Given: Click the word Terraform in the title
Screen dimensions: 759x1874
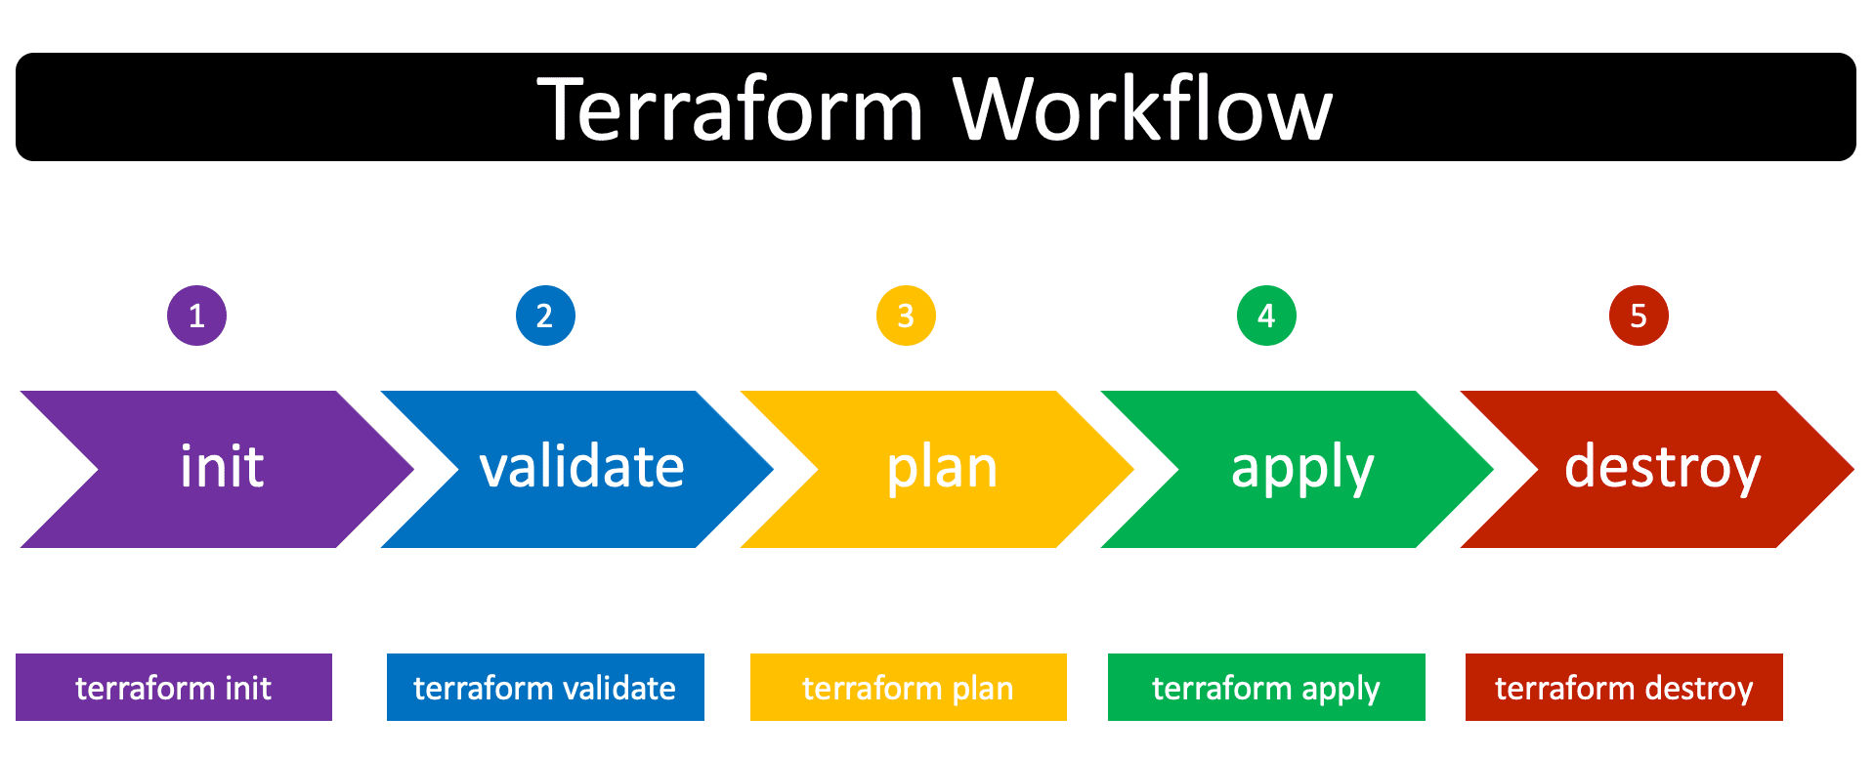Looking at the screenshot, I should (730, 108).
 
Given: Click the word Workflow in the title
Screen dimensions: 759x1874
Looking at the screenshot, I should (1142, 108).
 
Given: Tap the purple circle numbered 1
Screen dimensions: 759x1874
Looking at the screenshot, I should (196, 316).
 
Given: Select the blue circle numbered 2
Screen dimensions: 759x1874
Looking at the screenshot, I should (545, 316).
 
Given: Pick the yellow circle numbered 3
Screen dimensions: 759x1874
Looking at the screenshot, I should (906, 316).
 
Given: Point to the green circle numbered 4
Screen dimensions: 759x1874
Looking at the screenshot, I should (1266, 316).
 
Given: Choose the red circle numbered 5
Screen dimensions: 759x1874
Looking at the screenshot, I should (1639, 316).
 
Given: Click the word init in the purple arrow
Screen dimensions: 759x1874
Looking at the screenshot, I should (222, 467).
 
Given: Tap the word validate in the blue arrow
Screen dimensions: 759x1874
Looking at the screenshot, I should (582, 467).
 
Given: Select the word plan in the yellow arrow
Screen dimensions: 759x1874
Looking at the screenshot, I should (942, 468).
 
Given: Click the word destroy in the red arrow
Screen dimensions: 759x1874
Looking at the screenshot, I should (1662, 468).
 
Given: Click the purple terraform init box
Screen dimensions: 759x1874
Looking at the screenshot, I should (174, 688).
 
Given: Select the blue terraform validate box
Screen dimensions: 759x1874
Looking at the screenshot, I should (545, 688).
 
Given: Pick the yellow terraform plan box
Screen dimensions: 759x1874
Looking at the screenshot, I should (908, 688).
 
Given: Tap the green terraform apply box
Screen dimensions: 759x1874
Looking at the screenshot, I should (1266, 688).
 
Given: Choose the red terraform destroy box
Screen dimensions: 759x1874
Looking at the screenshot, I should (1624, 688).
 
